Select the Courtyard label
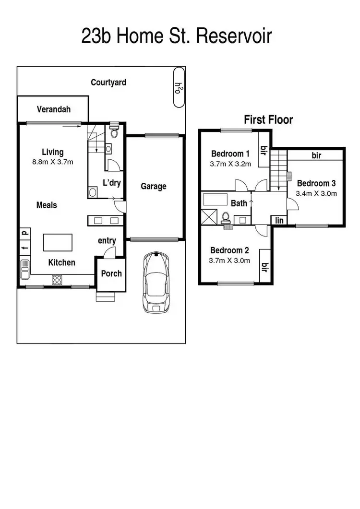click(108, 83)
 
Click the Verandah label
click(54, 109)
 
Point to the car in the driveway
click(156, 282)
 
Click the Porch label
click(111, 273)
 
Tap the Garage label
click(154, 186)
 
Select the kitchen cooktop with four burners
click(57, 279)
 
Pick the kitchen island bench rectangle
click(58, 242)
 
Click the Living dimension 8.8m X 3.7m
click(53, 162)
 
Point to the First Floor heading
click(268, 119)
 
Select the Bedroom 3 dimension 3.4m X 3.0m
click(317, 194)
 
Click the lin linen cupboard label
click(279, 220)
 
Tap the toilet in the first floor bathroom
click(225, 218)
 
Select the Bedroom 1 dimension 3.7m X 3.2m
click(230, 164)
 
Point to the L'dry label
click(111, 183)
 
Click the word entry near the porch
click(107, 240)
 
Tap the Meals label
click(47, 205)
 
